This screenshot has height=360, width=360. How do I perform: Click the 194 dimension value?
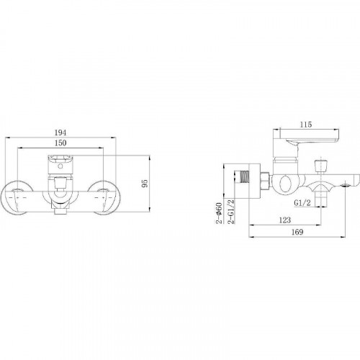coord(60,132)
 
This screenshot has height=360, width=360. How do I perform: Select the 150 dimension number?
coord(60,143)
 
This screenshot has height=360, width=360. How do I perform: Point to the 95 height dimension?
coord(145,184)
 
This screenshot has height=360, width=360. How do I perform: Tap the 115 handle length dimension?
coord(306,125)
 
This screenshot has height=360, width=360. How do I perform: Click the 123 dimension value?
coord(285,220)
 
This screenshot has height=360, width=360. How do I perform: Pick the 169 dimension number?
coord(297,232)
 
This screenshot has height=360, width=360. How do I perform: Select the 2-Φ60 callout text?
coord(219,213)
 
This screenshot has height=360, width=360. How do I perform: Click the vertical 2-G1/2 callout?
coord(231,212)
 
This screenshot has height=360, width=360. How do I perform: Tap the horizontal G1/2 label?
coord(302,203)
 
